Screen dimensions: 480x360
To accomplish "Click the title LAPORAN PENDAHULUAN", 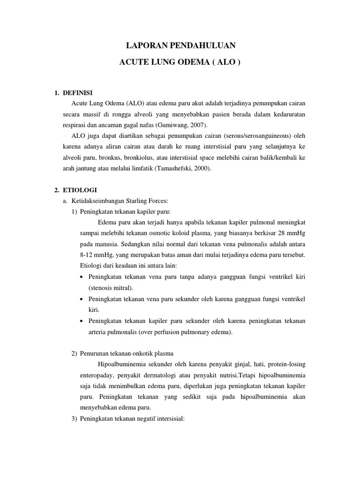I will click(x=180, y=45).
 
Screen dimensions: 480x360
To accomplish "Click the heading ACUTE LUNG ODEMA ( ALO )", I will click(x=180, y=62).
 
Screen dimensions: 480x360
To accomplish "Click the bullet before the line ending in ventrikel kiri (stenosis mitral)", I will click(x=82, y=277).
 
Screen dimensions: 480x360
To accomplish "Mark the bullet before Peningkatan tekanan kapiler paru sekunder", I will click(x=82, y=321).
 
